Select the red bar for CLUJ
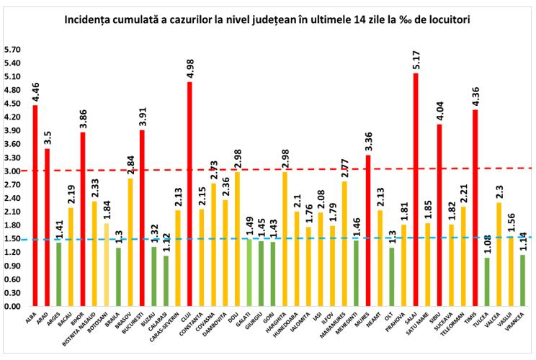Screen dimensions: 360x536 coord(189,194)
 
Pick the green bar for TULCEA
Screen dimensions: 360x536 coord(487,282)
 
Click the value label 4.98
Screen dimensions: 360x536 coord(189,68)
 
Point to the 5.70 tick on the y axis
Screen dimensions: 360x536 coord(14,50)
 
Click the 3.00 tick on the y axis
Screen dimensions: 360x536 coord(14,171)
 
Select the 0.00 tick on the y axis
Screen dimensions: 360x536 coord(14,306)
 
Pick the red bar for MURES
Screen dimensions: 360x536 coord(368,230)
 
